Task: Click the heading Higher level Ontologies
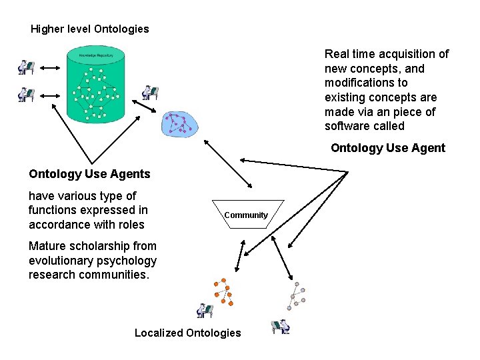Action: click(x=90, y=29)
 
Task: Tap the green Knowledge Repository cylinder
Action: click(x=96, y=85)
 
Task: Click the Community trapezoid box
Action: click(x=247, y=215)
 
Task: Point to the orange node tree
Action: click(x=224, y=292)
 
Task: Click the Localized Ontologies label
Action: click(x=187, y=333)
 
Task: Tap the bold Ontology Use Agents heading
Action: click(x=89, y=175)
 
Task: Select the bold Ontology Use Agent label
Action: click(x=387, y=148)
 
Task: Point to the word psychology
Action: click(x=126, y=261)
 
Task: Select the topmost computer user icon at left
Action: click(x=26, y=67)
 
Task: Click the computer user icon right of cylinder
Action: click(x=151, y=93)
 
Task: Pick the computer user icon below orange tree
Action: click(x=205, y=310)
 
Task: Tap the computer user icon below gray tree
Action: click(x=281, y=326)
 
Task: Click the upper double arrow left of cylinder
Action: click(x=51, y=68)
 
